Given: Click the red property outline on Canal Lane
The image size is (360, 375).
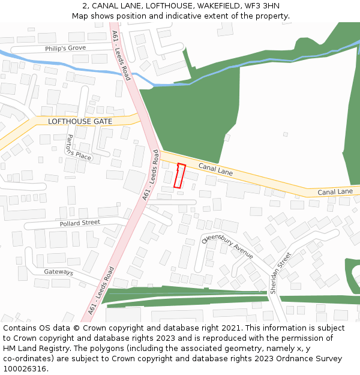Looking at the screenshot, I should tap(179, 175).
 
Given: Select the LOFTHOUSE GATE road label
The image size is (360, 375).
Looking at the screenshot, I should tap(80, 121).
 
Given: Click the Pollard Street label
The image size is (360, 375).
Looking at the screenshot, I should tap(80, 223).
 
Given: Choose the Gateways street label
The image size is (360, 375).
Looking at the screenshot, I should tap(58, 272).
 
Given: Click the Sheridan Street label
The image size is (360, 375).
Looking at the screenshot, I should tap(280, 272).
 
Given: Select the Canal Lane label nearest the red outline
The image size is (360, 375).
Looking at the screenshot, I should tap(215, 170).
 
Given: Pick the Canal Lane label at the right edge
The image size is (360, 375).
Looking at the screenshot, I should tap(335, 192).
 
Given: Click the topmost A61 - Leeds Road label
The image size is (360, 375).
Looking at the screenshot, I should tap(121, 56).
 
